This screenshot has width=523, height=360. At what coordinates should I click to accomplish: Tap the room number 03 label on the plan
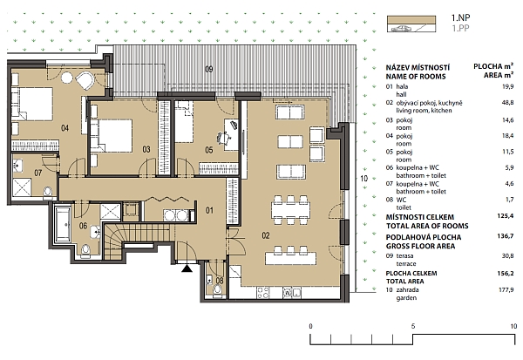[x=146, y=149]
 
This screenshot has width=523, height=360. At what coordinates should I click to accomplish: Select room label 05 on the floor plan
[x=209, y=149]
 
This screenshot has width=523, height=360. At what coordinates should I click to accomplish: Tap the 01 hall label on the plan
[x=209, y=210]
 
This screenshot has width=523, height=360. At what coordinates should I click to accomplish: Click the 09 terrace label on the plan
[x=209, y=68]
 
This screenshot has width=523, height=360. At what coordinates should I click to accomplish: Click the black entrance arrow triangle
[x=186, y=268]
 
